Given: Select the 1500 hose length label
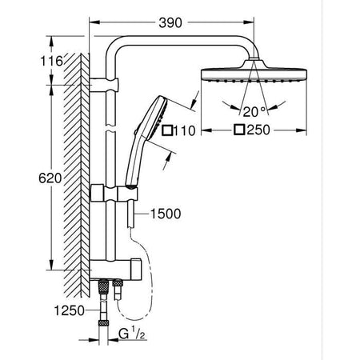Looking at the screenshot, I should tap(165, 214).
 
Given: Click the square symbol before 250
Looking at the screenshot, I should tap(238, 130).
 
